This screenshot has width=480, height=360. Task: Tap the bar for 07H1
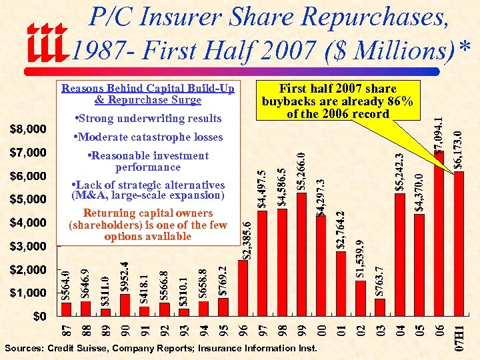click(458, 242)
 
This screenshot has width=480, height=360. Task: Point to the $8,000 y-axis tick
click(27, 128)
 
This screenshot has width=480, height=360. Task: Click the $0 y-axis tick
click(41, 315)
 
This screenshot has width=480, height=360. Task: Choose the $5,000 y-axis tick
click(27, 199)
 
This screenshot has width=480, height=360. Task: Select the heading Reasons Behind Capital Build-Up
click(148, 89)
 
